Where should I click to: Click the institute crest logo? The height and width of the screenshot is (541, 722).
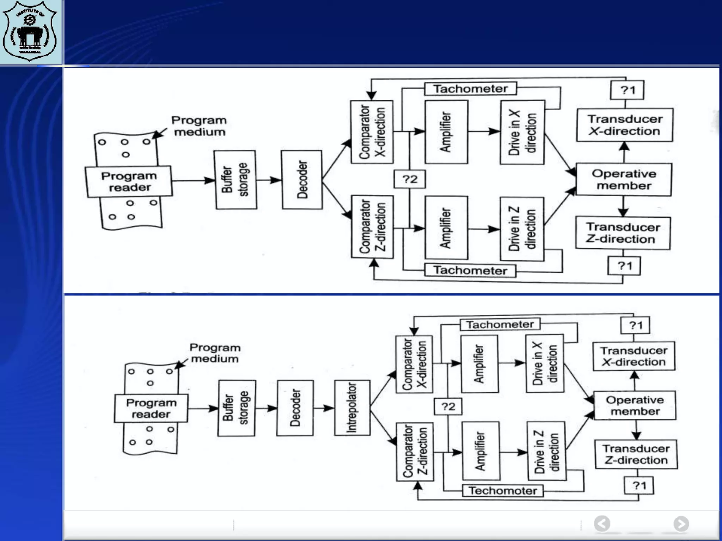tap(30, 31)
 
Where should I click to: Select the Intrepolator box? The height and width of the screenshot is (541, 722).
tap(352, 408)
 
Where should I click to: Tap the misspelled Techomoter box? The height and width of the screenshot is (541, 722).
tap(503, 490)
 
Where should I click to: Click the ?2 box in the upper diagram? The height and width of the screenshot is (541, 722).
tap(410, 179)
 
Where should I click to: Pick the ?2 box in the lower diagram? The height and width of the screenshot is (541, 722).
tap(448, 406)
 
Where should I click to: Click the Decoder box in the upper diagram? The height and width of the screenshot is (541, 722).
tap(302, 180)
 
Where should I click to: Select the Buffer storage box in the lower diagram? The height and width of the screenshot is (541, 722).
tap(236, 408)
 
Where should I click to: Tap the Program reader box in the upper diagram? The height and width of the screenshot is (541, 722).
tap(129, 182)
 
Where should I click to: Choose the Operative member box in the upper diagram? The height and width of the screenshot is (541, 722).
tap(624, 180)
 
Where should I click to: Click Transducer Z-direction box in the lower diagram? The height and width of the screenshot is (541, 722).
tap(636, 454)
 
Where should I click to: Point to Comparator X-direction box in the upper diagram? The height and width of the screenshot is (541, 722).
tap(372, 132)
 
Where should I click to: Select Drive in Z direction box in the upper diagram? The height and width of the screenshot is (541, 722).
tap(522, 229)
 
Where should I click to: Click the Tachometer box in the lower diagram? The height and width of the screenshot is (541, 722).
tap(500, 324)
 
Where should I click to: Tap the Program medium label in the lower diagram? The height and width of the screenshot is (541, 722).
tap(215, 353)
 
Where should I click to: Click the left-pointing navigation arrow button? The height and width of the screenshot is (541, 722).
tap(602, 524)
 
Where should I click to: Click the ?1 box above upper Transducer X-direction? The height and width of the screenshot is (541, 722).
tap(627, 90)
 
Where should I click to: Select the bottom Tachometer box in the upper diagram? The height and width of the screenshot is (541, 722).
tap(470, 270)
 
